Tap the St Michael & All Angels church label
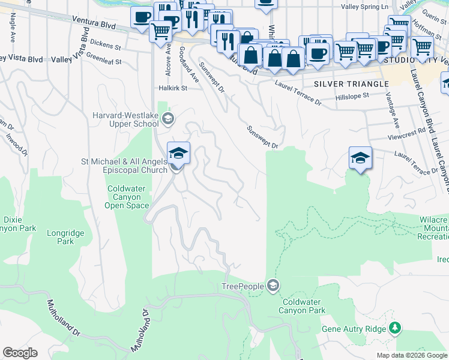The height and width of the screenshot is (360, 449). pos(123,166)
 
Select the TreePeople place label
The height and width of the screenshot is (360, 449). pos(243,286)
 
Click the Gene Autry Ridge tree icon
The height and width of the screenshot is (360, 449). pos(395,328)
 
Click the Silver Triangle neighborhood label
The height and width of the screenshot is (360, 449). pos(351,84)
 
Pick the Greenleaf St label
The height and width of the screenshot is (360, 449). pos(104,61)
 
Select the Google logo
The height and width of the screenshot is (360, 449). pos(20,353)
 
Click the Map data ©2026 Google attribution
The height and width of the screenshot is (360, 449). pos(412,355)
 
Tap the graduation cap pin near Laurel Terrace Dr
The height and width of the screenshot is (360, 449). pos(360,158)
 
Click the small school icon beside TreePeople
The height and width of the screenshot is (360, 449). pos(273,284)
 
